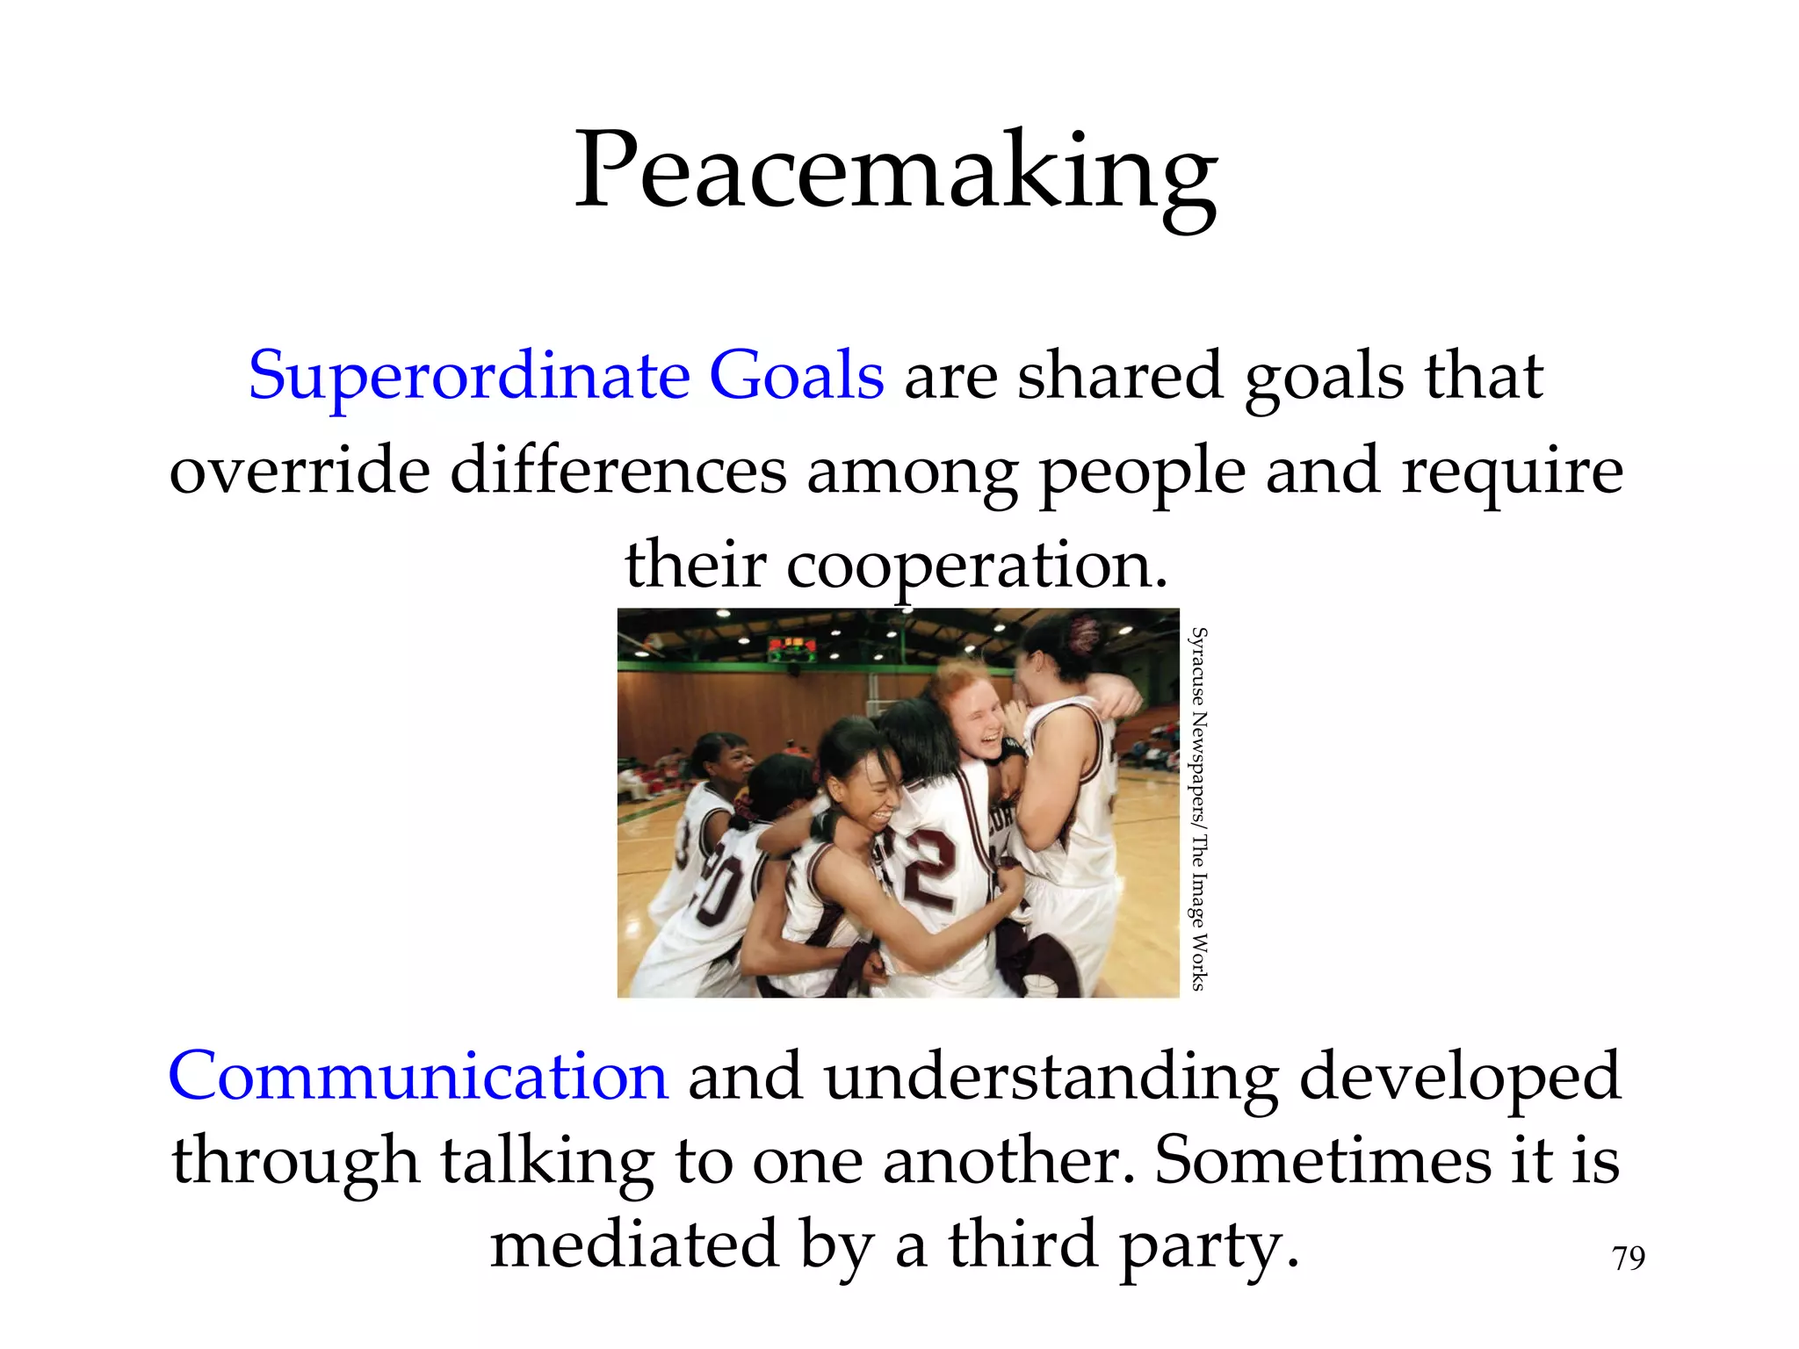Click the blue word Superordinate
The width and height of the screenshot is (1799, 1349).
pos(469,376)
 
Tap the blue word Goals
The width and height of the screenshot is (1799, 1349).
pos(796,376)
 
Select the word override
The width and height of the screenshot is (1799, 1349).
pos(300,471)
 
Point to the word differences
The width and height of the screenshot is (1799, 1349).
pos(618,471)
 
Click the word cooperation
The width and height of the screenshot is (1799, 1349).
pos(977,566)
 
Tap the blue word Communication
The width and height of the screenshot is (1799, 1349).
pos(418,1076)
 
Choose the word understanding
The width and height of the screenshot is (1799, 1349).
pos(1051,1078)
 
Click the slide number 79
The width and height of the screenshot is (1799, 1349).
pos(1629,1259)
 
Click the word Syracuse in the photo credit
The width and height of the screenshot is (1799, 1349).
pos(1198,667)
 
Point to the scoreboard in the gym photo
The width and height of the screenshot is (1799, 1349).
pos(792,650)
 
